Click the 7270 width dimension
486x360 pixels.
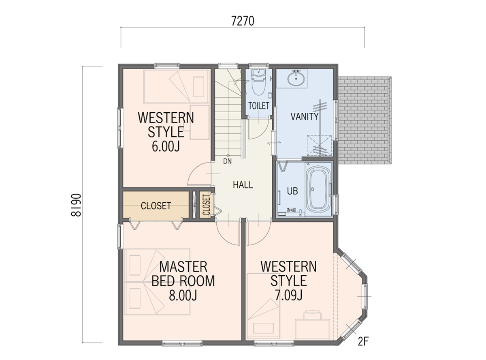coord(243,21)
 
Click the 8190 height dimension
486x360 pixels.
coord(76,205)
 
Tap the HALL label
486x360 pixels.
coord(243,185)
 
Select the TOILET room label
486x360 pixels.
coord(258,106)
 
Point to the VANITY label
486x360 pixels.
coord(304,116)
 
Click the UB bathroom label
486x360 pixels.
coord(292,191)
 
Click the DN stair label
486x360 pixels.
coord(227,161)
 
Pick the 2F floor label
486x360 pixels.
coord(363,341)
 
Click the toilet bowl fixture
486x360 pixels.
coord(258,82)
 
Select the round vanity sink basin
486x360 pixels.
coord(296,79)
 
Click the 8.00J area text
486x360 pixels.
coord(183,296)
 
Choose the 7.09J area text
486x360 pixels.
coord(289,295)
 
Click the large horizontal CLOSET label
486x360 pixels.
coord(156,206)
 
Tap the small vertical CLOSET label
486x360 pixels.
coord(207,205)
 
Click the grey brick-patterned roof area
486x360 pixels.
coord(364,120)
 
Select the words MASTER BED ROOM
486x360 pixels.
coord(183,274)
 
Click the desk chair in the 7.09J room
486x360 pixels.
coord(313,315)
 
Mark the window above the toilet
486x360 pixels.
coord(258,65)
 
